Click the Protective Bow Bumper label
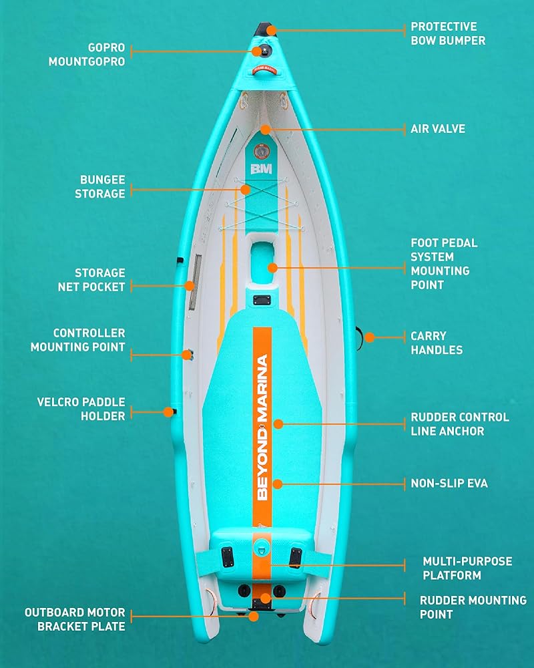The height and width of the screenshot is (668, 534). [x=447, y=33]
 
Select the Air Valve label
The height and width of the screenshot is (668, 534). [x=438, y=129]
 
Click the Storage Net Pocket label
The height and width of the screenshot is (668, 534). [x=99, y=280]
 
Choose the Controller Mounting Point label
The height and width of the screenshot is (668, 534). [x=89, y=340]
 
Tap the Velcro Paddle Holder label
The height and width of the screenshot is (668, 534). [x=81, y=409]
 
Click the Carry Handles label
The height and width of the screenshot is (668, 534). [x=436, y=343]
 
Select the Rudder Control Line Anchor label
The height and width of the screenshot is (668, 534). [x=459, y=424]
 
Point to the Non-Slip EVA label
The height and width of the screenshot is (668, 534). [x=449, y=483]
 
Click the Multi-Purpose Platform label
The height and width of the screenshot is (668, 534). [x=467, y=568]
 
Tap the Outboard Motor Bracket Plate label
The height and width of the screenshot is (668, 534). [x=75, y=619]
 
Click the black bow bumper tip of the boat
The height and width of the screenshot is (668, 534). [x=264, y=29]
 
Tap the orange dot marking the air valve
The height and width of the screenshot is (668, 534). [x=265, y=129]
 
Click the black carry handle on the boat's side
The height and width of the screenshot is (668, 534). [x=361, y=338]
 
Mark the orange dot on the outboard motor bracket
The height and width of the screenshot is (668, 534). [x=253, y=617]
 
